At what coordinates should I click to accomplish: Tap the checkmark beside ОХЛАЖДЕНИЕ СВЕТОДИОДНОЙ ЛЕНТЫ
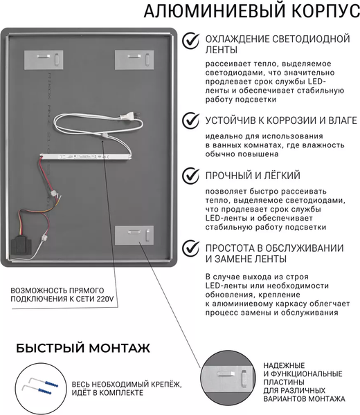(188, 42)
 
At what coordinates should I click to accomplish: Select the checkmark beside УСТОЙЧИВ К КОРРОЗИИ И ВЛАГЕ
(188, 121)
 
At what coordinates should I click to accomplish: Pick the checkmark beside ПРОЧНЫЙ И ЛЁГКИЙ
(188, 176)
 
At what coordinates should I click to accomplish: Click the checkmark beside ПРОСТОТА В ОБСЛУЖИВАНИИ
(188, 248)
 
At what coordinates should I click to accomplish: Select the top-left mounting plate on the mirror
(43, 59)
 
